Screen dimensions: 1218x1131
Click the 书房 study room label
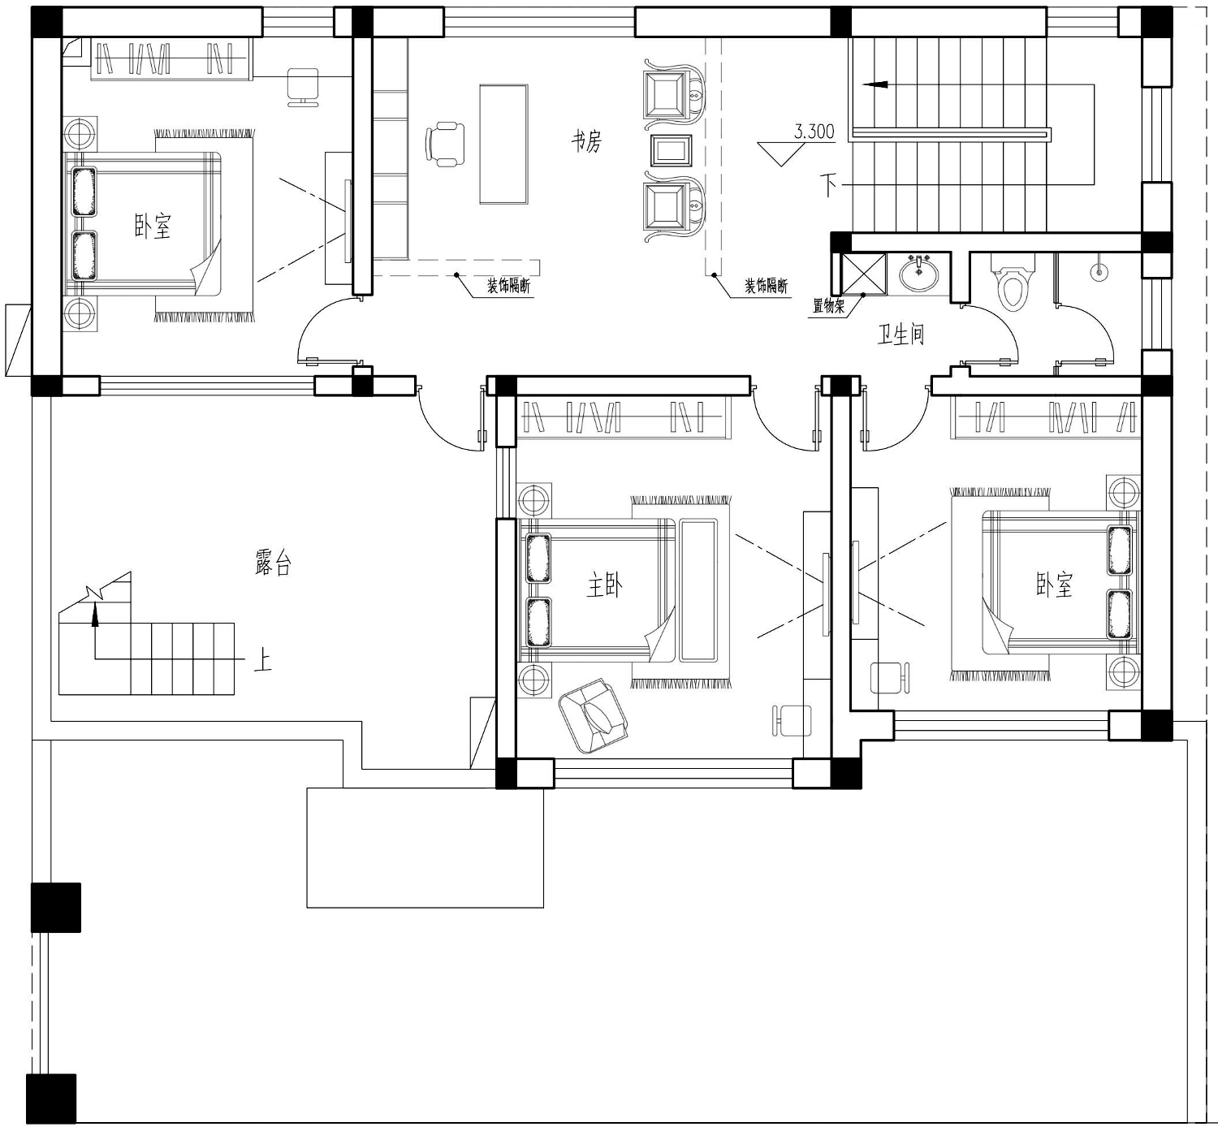coord(586,142)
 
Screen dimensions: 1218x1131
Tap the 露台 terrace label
coord(273,562)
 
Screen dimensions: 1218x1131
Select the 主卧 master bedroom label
coord(605,585)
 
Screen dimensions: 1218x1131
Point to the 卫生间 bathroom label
coord(900,335)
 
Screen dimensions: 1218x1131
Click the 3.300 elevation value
coord(814,132)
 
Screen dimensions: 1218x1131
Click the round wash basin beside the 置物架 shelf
coord(918,274)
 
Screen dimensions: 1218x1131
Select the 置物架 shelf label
coord(828,306)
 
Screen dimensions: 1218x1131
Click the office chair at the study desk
coord(445,145)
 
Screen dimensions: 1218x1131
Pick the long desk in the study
coord(503,145)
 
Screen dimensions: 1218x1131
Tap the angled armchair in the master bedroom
coord(593,716)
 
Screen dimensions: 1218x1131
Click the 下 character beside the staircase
coord(828,184)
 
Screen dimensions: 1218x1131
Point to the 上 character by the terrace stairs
coord(262,661)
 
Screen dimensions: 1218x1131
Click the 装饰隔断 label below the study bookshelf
coord(508,286)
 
